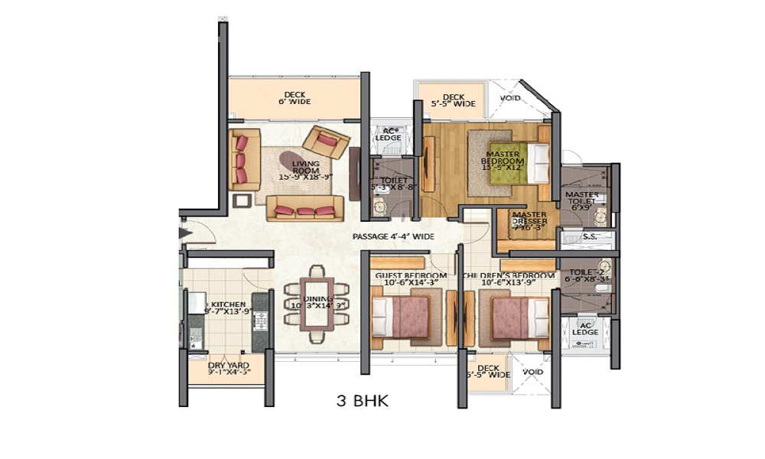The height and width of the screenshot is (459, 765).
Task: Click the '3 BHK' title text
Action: click(363, 400)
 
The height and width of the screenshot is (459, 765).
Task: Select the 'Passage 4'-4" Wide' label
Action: click(393, 236)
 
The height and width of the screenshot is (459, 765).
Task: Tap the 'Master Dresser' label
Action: click(529, 221)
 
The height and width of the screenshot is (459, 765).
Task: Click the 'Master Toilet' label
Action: click(582, 200)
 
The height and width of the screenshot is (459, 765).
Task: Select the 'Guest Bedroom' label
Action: click(410, 279)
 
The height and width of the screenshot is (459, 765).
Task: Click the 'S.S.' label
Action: click(589, 238)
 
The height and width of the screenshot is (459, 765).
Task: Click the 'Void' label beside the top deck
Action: click(510, 99)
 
